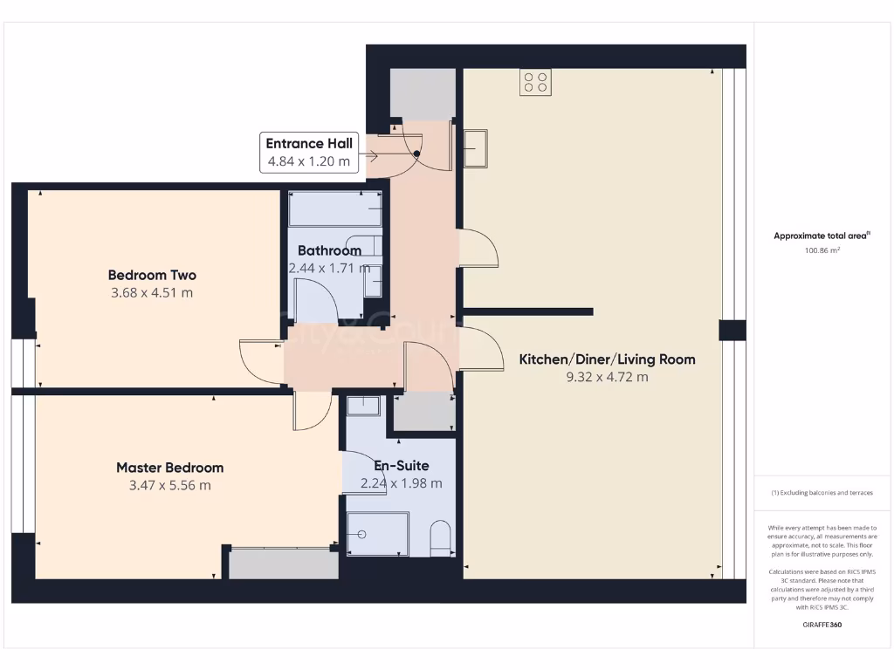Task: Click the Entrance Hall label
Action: [308, 144]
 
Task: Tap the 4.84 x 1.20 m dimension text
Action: [308, 161]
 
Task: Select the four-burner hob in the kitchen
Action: [535, 82]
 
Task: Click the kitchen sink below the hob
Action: [476, 147]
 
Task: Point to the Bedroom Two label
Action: [152, 275]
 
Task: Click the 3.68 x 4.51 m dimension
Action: [152, 292]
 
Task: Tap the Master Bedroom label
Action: [169, 468]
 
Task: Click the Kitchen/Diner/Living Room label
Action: [607, 359]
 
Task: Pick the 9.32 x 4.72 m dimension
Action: [607, 377]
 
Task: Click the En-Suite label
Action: [401, 466]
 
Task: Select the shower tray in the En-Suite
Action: [377, 532]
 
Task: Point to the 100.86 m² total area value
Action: [822, 250]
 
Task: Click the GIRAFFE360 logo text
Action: [822, 625]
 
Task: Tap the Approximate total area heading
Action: [822, 236]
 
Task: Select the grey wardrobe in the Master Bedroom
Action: [283, 564]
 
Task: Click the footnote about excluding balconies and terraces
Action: [822, 493]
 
